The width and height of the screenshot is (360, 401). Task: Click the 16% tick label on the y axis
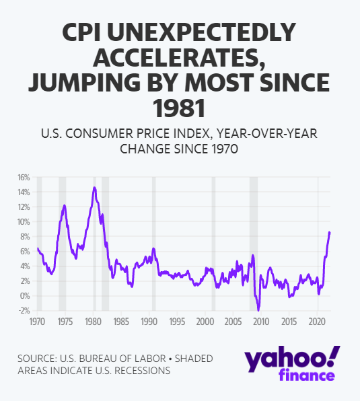coord(24,177)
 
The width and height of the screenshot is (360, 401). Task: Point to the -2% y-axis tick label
coord(24,311)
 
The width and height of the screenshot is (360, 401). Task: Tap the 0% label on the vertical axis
coord(25,296)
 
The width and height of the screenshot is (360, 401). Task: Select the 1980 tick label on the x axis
coord(94,322)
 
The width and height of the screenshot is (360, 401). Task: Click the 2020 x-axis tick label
coord(317,322)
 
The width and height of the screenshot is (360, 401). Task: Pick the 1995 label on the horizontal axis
coord(177,322)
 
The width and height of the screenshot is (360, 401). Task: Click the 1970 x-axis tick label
coord(37,322)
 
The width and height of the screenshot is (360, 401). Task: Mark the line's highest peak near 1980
coord(95,188)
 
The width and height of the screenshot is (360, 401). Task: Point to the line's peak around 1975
coord(65,205)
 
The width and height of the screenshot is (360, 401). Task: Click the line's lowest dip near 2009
coord(258,310)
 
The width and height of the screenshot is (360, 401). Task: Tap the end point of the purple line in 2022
coord(330,232)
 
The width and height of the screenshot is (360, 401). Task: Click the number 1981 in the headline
coord(179,108)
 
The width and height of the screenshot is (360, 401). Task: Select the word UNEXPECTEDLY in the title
coord(202,32)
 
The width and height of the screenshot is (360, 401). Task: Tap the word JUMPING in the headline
coord(84,83)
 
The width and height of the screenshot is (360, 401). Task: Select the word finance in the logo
coord(307,375)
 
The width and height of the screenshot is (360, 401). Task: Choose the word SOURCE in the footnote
coord(37,359)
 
